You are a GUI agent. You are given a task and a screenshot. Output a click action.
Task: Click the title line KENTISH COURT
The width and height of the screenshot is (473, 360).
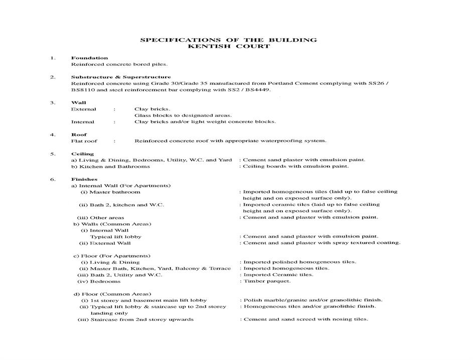[228, 46]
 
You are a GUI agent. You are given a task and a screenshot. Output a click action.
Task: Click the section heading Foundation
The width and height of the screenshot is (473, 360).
[89, 58]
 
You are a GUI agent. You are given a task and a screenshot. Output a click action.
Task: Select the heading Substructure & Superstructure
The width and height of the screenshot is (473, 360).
[121, 77]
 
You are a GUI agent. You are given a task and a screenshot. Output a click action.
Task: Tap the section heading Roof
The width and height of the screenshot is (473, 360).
[79, 135]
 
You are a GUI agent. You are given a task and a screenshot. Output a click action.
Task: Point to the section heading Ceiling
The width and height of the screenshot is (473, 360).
[82, 154]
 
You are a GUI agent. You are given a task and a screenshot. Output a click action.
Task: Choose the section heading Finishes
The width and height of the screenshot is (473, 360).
[84, 179]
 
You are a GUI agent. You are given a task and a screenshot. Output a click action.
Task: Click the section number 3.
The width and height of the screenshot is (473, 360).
[52, 102]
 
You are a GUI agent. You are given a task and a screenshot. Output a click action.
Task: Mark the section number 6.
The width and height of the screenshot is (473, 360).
[52, 179]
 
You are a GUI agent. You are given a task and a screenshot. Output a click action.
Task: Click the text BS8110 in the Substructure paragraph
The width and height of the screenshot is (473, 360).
[84, 90]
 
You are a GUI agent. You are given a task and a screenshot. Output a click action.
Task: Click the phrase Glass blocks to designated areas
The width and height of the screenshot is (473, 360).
[183, 115]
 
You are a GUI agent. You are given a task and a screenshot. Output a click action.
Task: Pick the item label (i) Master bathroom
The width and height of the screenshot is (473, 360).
[110, 192]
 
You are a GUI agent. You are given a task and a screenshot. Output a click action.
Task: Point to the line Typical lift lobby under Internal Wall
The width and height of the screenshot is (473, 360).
[115, 236]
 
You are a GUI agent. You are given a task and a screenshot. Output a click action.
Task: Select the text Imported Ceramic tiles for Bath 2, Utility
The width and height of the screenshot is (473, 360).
[278, 275]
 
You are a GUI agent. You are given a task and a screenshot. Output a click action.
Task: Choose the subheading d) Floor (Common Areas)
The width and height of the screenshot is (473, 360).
[112, 294]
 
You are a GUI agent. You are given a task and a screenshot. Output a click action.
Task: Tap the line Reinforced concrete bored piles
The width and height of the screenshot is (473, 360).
[119, 64]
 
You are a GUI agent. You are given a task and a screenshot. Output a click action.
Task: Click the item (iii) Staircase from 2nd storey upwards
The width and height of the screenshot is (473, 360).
[135, 319]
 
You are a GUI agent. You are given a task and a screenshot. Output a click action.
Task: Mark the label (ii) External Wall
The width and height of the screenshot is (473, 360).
[105, 243]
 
